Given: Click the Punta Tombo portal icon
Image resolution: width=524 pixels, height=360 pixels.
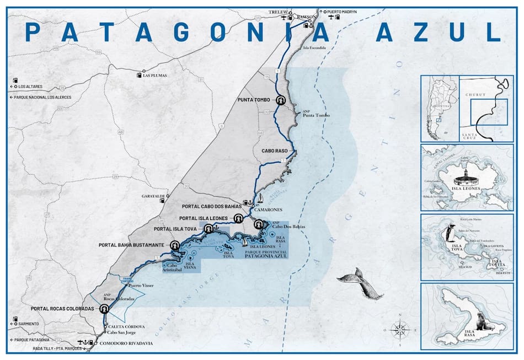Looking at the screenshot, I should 281,100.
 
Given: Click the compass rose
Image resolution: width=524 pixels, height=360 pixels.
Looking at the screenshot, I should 400,330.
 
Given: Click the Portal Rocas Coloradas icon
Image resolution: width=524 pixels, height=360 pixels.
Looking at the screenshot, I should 103,309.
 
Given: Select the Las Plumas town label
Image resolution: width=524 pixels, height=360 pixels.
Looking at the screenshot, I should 154,76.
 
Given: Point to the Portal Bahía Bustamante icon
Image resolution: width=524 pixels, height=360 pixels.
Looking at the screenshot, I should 175,245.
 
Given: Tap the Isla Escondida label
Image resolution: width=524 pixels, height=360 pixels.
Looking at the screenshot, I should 314,48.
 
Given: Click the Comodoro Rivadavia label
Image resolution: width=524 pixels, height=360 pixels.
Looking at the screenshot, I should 128,343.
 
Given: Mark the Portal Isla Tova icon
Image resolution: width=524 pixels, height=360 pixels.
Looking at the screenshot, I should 208,229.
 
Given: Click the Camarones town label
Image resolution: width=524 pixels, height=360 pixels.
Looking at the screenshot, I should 269,209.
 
